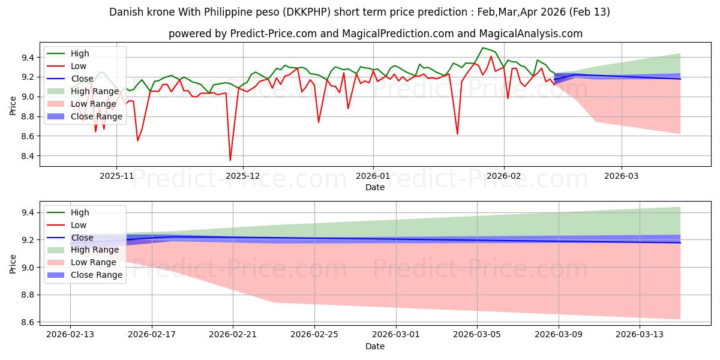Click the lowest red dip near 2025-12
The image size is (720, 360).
(x=230, y=160)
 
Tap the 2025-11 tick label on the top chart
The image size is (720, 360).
(x=116, y=176)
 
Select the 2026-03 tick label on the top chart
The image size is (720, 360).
(x=622, y=176)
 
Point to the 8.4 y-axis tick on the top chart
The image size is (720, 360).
(x=28, y=156)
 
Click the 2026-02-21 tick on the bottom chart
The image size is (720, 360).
(x=233, y=334)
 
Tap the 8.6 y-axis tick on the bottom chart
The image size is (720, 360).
(x=28, y=322)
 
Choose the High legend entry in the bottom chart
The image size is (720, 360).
(x=80, y=212)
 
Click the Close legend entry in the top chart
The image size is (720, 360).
(x=82, y=79)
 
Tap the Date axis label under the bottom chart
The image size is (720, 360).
(x=375, y=346)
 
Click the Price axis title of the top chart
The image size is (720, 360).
(x=13, y=105)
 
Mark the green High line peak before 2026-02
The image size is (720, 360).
(x=482, y=48)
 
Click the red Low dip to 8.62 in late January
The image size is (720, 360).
(x=457, y=134)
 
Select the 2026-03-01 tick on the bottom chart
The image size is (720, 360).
(x=396, y=334)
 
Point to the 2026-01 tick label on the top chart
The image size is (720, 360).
(x=373, y=176)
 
